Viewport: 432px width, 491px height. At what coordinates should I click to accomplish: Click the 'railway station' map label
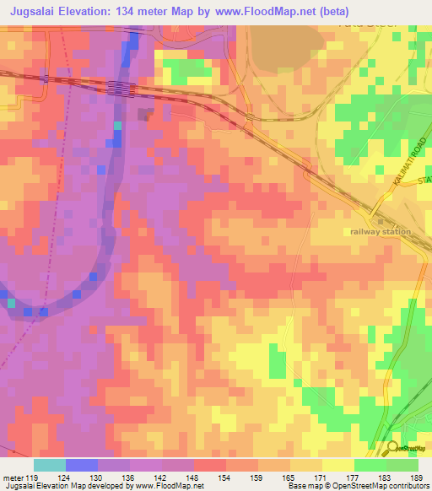[x=381, y=231]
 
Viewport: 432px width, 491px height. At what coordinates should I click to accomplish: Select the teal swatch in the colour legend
[x=50, y=465]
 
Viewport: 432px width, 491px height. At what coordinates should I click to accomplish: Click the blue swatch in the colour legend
[x=82, y=465]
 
